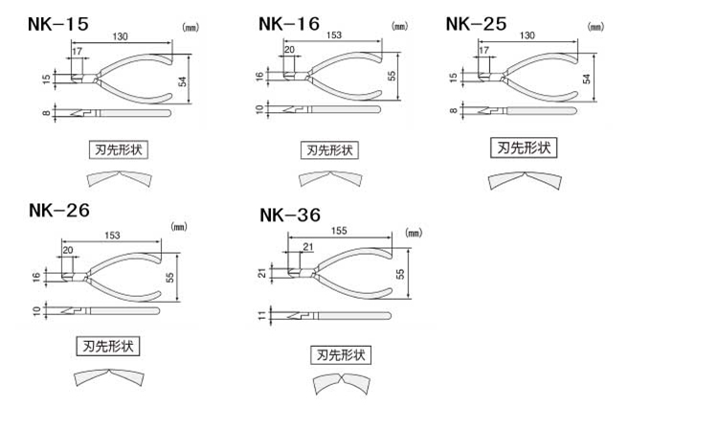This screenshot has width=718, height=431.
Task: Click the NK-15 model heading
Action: [x=58, y=24]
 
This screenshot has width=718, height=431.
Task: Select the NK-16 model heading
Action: [x=289, y=24]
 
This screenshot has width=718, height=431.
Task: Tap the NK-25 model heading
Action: [x=476, y=24]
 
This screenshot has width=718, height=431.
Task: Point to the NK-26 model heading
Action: [x=59, y=211]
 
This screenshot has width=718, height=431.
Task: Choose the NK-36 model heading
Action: [x=290, y=215]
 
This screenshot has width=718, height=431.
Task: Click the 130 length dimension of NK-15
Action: [x=120, y=36]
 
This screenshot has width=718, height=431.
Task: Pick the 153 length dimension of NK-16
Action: [x=334, y=34]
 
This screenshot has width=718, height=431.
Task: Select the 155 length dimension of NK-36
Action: [x=339, y=231]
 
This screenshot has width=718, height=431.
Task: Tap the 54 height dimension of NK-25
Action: [x=587, y=79]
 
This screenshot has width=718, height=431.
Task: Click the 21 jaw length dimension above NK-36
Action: [x=308, y=247]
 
